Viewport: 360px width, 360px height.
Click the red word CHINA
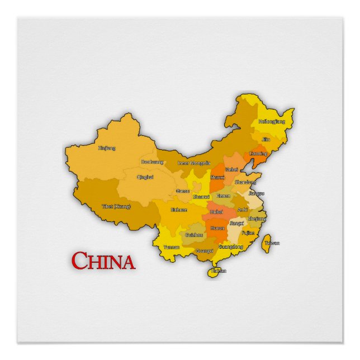(x=103, y=260)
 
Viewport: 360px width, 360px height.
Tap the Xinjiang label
(x=107, y=148)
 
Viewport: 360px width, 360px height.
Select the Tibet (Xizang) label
(x=116, y=206)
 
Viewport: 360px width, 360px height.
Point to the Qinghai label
(x=145, y=177)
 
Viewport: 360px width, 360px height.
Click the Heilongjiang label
(x=271, y=121)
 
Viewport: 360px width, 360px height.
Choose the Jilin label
(x=266, y=139)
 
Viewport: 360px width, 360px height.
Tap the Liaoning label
(x=258, y=153)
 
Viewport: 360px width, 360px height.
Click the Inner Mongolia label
(x=193, y=163)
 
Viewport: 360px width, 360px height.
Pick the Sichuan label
(x=178, y=210)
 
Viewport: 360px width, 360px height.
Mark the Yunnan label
(x=171, y=247)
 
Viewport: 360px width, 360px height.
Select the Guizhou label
(x=193, y=235)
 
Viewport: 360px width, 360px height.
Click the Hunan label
(x=217, y=228)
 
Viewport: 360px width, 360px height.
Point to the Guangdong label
(x=231, y=247)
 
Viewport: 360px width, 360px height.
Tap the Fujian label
(x=248, y=232)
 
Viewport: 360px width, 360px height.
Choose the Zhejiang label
(x=257, y=219)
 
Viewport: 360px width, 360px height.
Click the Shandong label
(x=245, y=182)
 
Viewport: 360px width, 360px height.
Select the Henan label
(x=224, y=196)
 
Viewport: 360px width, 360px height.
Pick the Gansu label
(x=182, y=191)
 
